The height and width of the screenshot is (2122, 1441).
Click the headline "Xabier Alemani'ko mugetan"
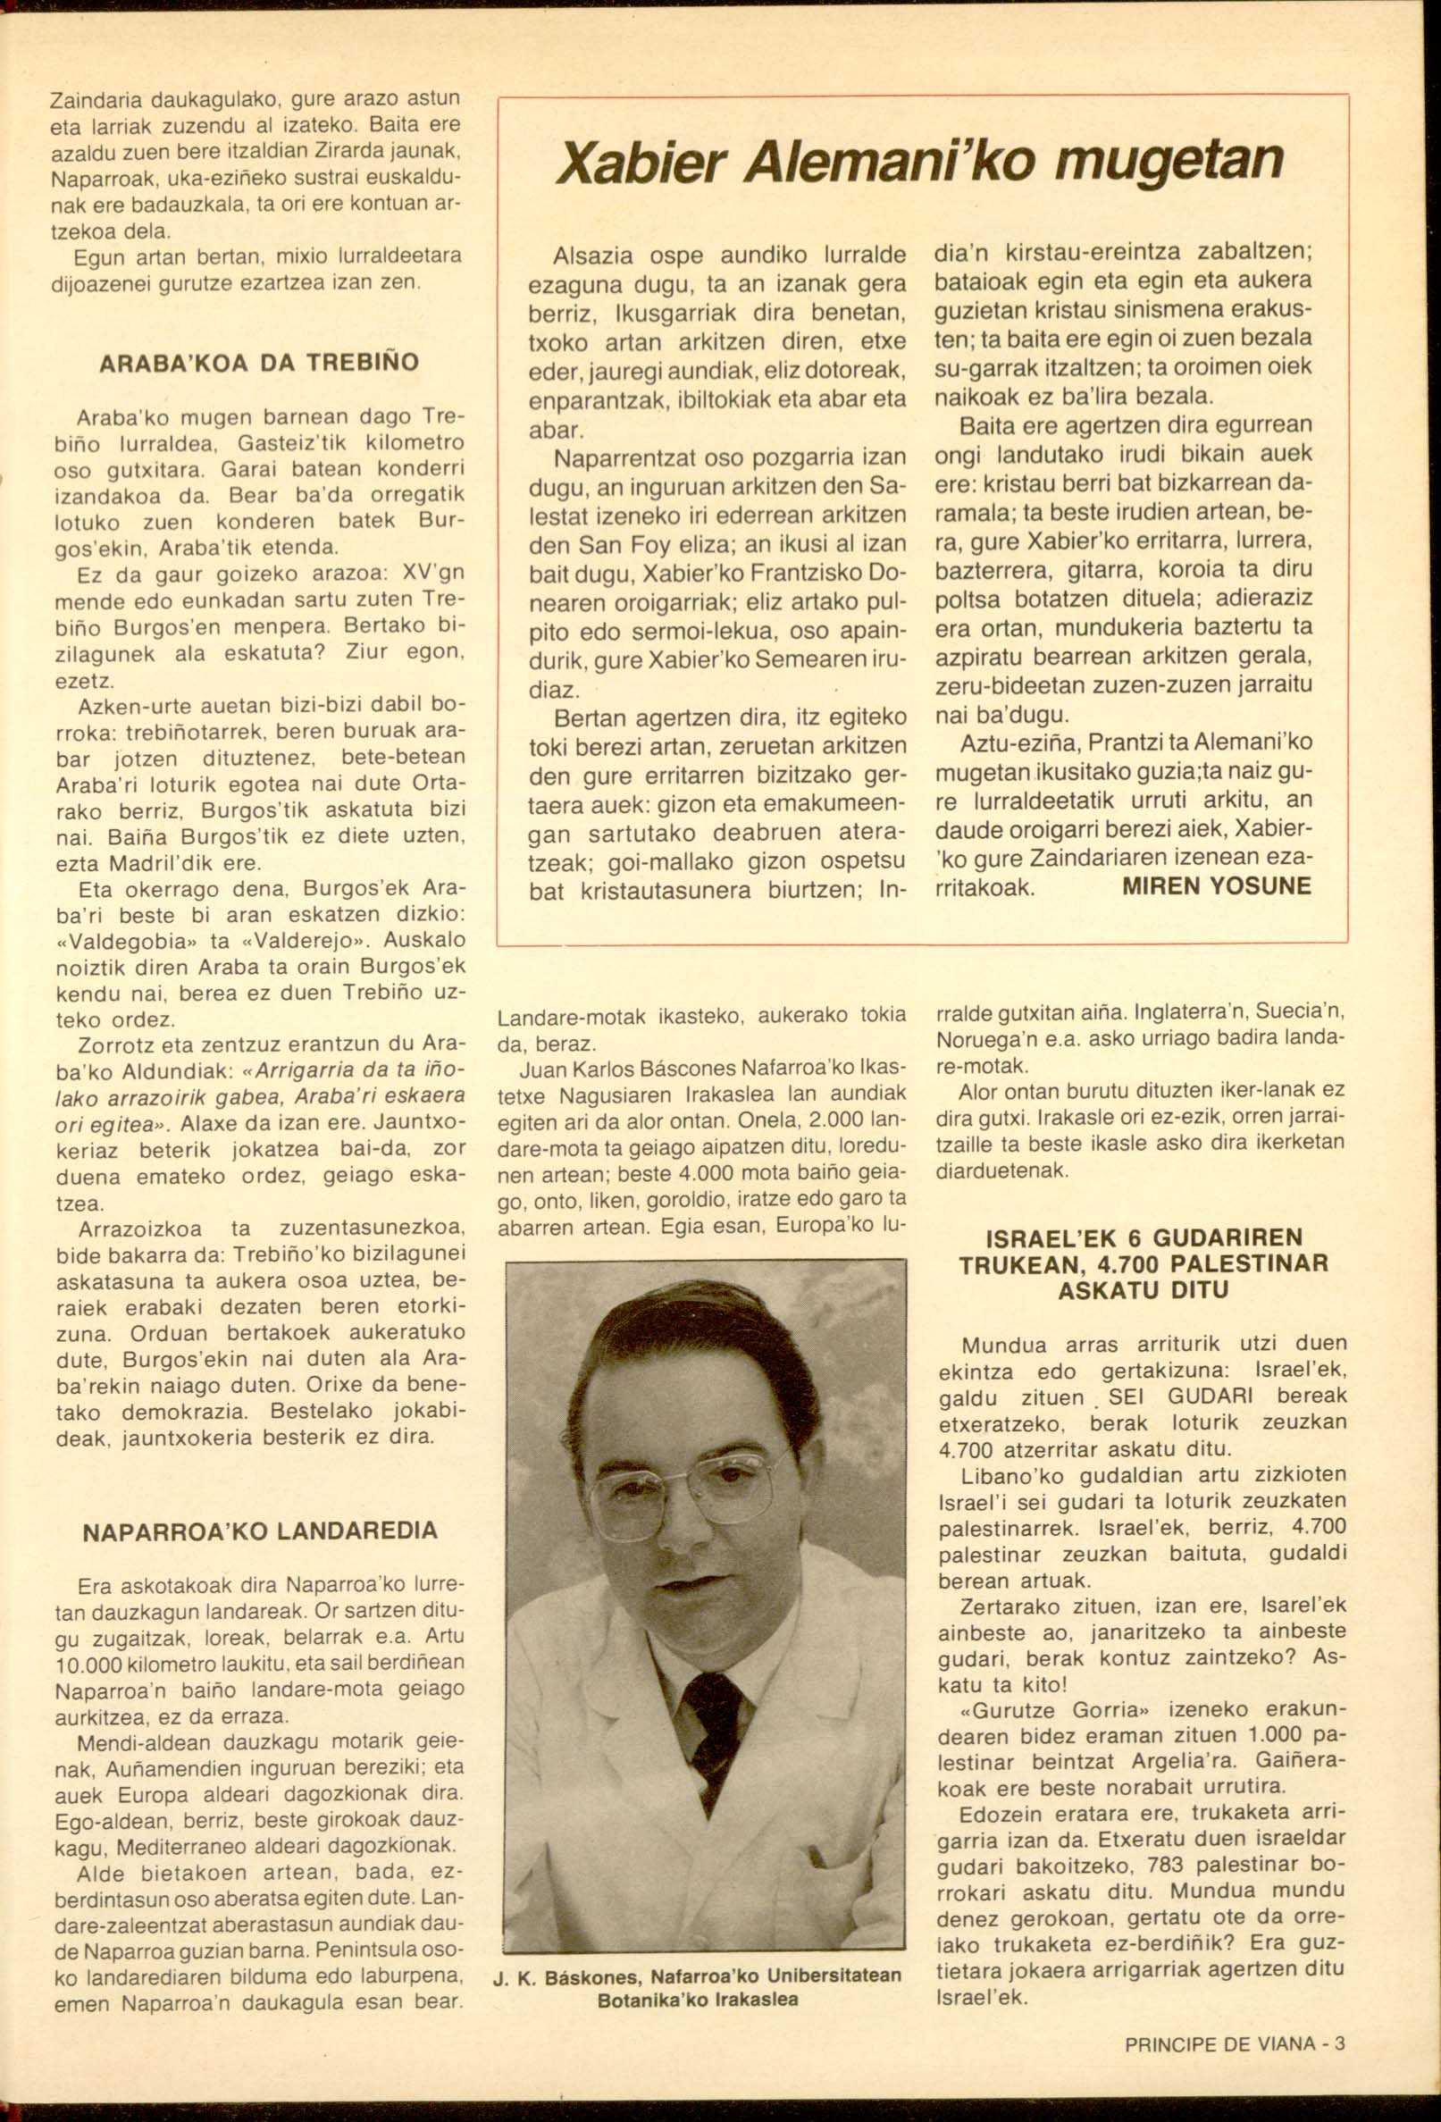[x=919, y=163]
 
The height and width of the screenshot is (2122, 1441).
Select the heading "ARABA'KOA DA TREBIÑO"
[x=258, y=363]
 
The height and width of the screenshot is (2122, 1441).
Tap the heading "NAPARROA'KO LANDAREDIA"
[x=260, y=1531]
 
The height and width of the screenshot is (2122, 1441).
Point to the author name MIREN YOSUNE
[x=1217, y=885]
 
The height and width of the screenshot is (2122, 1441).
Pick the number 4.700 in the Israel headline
[x=1128, y=1264]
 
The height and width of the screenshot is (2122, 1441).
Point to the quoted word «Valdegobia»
[x=124, y=941]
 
